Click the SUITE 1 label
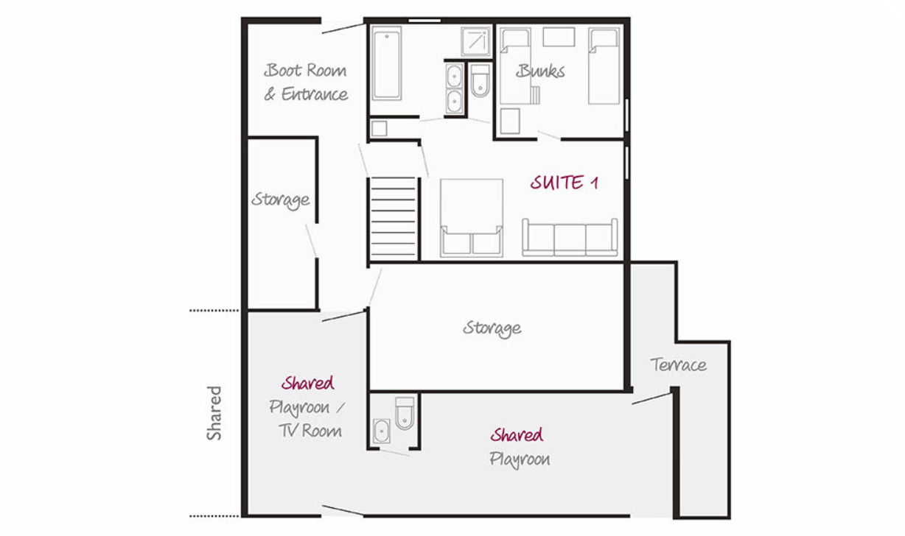564,183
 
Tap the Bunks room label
540,71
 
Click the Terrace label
678,365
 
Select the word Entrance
315,94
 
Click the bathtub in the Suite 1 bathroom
387,63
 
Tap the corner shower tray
476,41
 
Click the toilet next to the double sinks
480,81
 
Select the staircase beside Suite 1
393,217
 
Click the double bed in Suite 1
472,218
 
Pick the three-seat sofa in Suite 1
570,237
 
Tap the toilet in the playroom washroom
405,413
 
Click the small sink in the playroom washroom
382,431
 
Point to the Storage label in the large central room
492,328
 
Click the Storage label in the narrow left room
280,200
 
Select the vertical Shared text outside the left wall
214,413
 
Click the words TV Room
310,431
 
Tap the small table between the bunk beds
559,37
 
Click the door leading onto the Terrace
651,398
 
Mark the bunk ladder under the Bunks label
535,95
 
